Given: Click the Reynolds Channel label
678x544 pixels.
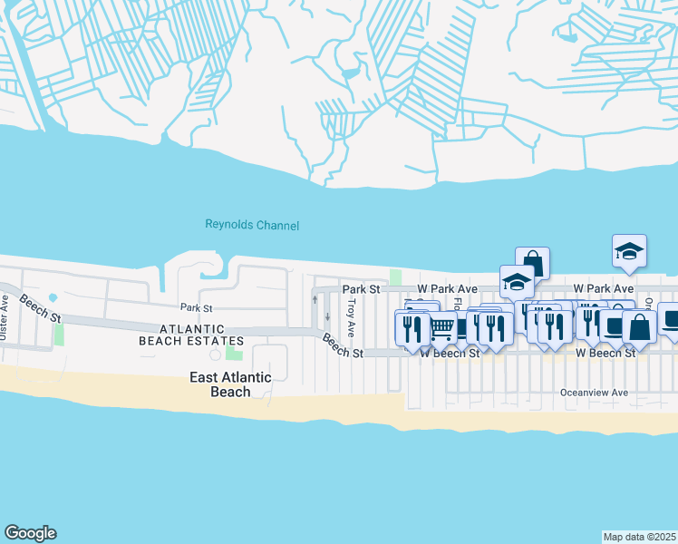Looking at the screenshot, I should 252,225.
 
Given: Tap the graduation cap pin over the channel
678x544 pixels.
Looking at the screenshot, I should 629,251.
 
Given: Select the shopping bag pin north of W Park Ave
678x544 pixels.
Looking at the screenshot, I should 533,263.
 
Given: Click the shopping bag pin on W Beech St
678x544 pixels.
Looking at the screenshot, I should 639,327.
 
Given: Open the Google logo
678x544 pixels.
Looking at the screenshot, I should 30,533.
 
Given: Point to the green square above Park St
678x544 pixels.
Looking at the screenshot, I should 395,277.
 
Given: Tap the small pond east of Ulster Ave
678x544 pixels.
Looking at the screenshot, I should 53,297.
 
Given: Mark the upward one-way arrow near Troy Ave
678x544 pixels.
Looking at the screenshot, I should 315,298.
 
